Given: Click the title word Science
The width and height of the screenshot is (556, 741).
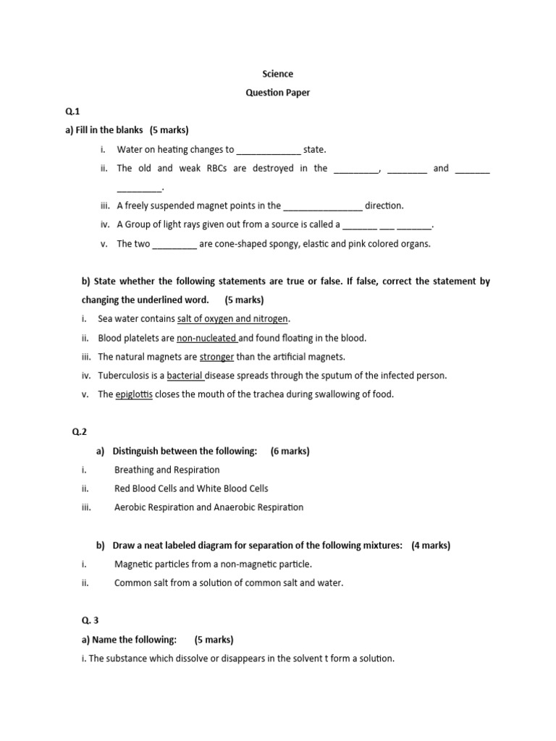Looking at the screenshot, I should coord(277,74).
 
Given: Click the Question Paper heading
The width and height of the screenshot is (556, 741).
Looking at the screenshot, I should coord(278,93).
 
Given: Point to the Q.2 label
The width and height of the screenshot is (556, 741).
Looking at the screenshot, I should coord(79,432).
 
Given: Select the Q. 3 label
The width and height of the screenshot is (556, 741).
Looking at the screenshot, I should coord(89,621).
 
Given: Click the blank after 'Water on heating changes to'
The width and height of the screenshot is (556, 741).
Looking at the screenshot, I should coord(269,151).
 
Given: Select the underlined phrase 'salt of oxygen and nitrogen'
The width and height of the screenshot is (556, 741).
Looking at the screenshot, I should coord(232,319).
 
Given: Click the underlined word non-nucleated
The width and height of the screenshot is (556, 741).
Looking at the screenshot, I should coord(207,338).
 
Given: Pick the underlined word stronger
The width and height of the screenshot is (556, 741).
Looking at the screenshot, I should coord(216,357).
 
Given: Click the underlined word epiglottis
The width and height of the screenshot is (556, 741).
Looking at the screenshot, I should coord(134,394).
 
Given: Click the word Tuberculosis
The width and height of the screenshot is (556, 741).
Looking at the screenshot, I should coord(125,376).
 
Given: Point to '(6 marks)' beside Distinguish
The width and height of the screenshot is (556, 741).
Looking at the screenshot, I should coord(290,451).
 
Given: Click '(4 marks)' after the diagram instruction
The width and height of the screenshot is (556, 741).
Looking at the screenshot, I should coord(431,546).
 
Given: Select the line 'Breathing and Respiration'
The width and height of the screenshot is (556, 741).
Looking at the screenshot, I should coord(167,470).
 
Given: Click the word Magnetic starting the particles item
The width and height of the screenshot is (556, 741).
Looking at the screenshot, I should coord(134,564).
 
